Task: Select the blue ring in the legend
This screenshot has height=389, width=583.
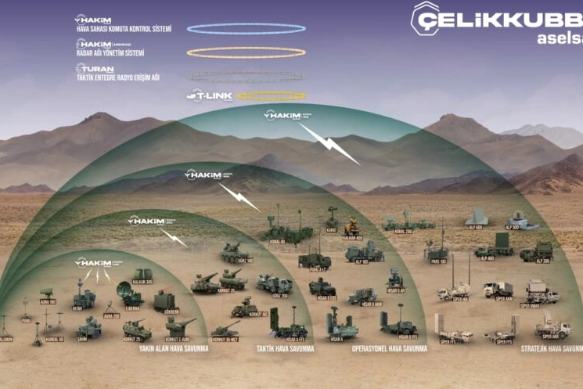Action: click(x=246, y=29)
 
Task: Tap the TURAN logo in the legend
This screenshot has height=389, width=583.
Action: click(x=95, y=68)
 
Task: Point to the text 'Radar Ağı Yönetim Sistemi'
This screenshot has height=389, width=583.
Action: click(x=110, y=53)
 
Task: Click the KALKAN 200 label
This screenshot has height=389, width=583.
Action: click(x=142, y=280)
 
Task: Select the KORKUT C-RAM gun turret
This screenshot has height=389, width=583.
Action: click(x=178, y=324)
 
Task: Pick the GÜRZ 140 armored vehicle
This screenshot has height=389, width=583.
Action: click(x=233, y=252)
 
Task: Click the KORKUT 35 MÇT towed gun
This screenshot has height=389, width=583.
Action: click(x=225, y=329)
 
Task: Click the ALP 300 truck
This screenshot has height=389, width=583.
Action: click(x=536, y=251)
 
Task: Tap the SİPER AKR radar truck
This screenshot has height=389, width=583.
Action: click(x=497, y=289)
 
